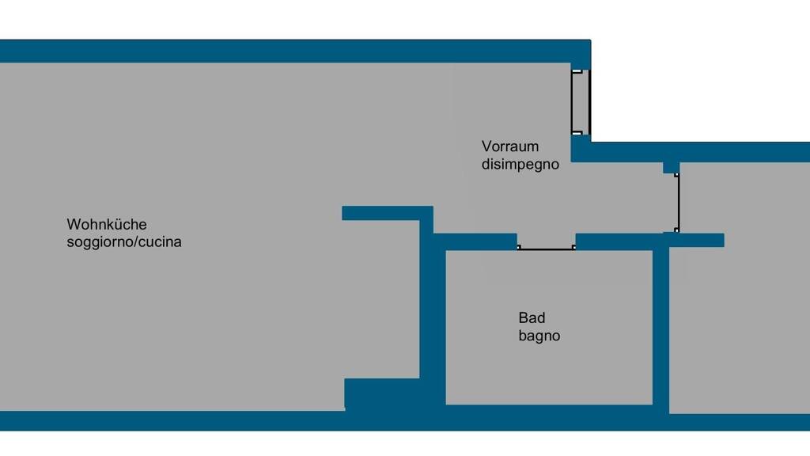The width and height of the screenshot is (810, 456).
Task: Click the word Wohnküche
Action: [x=107, y=225]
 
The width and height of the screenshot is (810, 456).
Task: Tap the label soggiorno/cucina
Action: [x=124, y=242]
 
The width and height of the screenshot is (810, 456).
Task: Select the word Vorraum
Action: [x=510, y=146]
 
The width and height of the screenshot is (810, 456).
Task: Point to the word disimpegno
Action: [x=520, y=165]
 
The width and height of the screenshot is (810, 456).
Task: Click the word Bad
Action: [x=532, y=318]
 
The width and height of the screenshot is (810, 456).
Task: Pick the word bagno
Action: [x=539, y=336]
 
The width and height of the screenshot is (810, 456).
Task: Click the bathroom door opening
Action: [x=547, y=249]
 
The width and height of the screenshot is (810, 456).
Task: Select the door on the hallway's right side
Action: [x=678, y=203]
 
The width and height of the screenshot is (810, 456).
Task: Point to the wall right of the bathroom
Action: [x=660, y=325]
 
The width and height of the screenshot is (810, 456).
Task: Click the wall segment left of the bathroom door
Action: [x=475, y=241]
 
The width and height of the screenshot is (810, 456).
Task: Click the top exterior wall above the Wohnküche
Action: [x=293, y=51]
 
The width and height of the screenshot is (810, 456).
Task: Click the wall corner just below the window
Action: [x=581, y=149]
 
